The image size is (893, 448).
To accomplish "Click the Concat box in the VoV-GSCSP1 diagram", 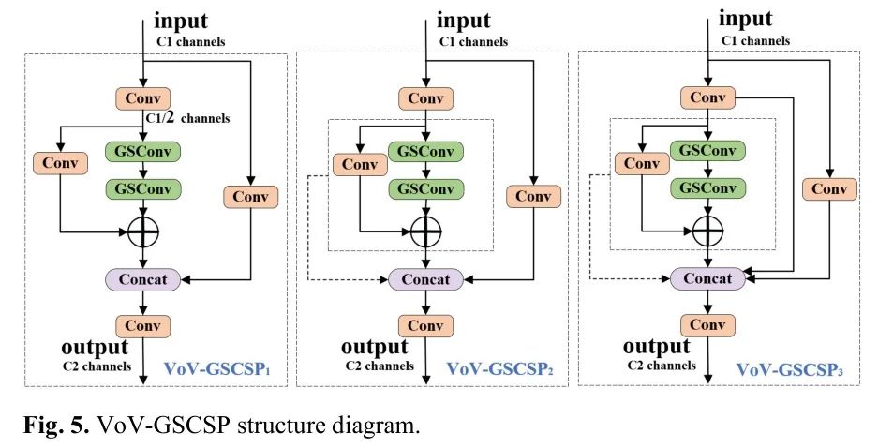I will click(141, 279).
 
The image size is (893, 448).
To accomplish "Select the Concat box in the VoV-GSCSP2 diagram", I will click(425, 279).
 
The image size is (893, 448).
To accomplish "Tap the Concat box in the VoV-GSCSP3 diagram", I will click(707, 278).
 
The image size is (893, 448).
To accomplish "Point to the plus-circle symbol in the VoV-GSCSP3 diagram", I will click(707, 228).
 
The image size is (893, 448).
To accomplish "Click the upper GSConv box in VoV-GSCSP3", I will click(707, 149).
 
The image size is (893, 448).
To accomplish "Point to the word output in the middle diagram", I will click(374, 348).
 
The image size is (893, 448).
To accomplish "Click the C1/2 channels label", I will click(187, 118).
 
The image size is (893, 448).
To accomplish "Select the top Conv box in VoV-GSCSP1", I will click(142, 97).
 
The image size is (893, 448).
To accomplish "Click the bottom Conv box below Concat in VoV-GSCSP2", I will click(425, 326).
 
